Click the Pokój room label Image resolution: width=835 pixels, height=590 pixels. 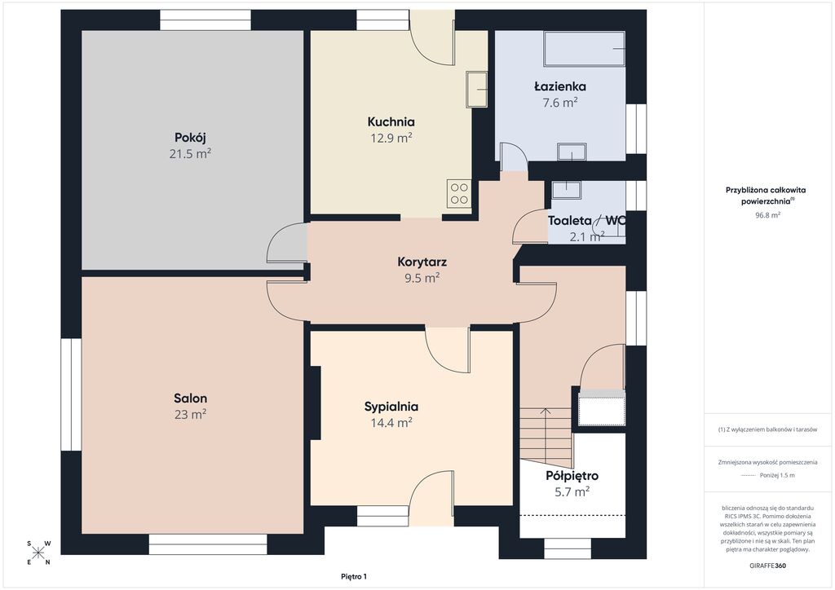190,137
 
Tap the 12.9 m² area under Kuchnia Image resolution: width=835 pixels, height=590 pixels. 391,139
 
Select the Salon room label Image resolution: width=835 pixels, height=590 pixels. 190,398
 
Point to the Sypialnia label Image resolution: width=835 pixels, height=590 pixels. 391,407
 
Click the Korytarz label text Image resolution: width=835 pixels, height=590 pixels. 422,262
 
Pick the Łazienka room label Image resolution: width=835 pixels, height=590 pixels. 560,86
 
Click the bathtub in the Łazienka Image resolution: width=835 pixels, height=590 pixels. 584,48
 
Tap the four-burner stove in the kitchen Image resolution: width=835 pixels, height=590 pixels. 459,194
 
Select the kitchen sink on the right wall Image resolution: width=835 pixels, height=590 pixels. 476,89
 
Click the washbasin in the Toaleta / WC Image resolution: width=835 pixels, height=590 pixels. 566,190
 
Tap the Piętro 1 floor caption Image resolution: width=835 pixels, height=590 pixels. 354,577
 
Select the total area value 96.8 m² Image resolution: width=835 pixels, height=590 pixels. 768,215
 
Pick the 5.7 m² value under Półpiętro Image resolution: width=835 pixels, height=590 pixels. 572,492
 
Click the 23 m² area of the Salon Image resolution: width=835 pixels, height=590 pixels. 190,415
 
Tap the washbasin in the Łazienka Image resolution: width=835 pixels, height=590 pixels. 572,152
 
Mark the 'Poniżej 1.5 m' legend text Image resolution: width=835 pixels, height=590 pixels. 777,476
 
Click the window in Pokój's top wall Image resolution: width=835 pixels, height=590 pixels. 205,20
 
